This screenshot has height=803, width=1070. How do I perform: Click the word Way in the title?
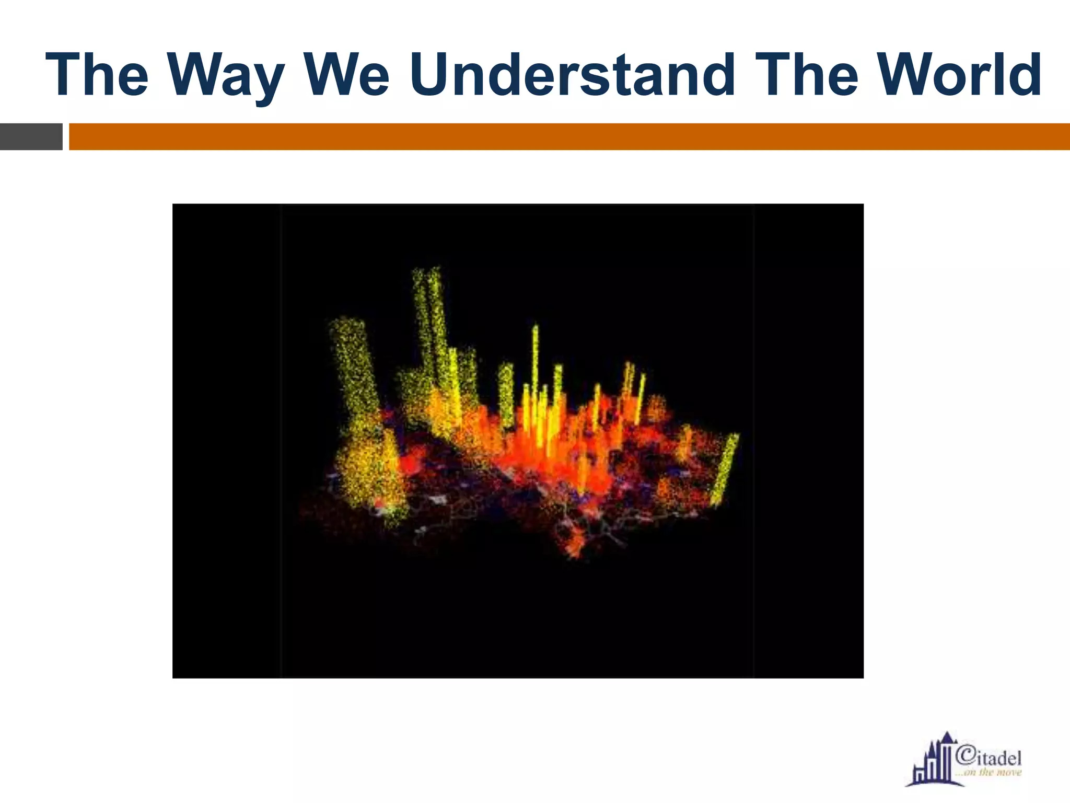tap(226, 76)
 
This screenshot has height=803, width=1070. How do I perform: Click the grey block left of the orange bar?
tap(31, 137)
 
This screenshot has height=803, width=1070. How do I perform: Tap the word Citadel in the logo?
tap(989, 758)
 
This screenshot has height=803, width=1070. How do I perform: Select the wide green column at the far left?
tap(353, 366)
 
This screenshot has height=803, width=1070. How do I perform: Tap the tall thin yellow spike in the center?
tap(535, 361)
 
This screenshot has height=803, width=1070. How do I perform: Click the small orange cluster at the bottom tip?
tap(575, 544)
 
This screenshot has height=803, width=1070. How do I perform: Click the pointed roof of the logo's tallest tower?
tap(947, 738)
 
